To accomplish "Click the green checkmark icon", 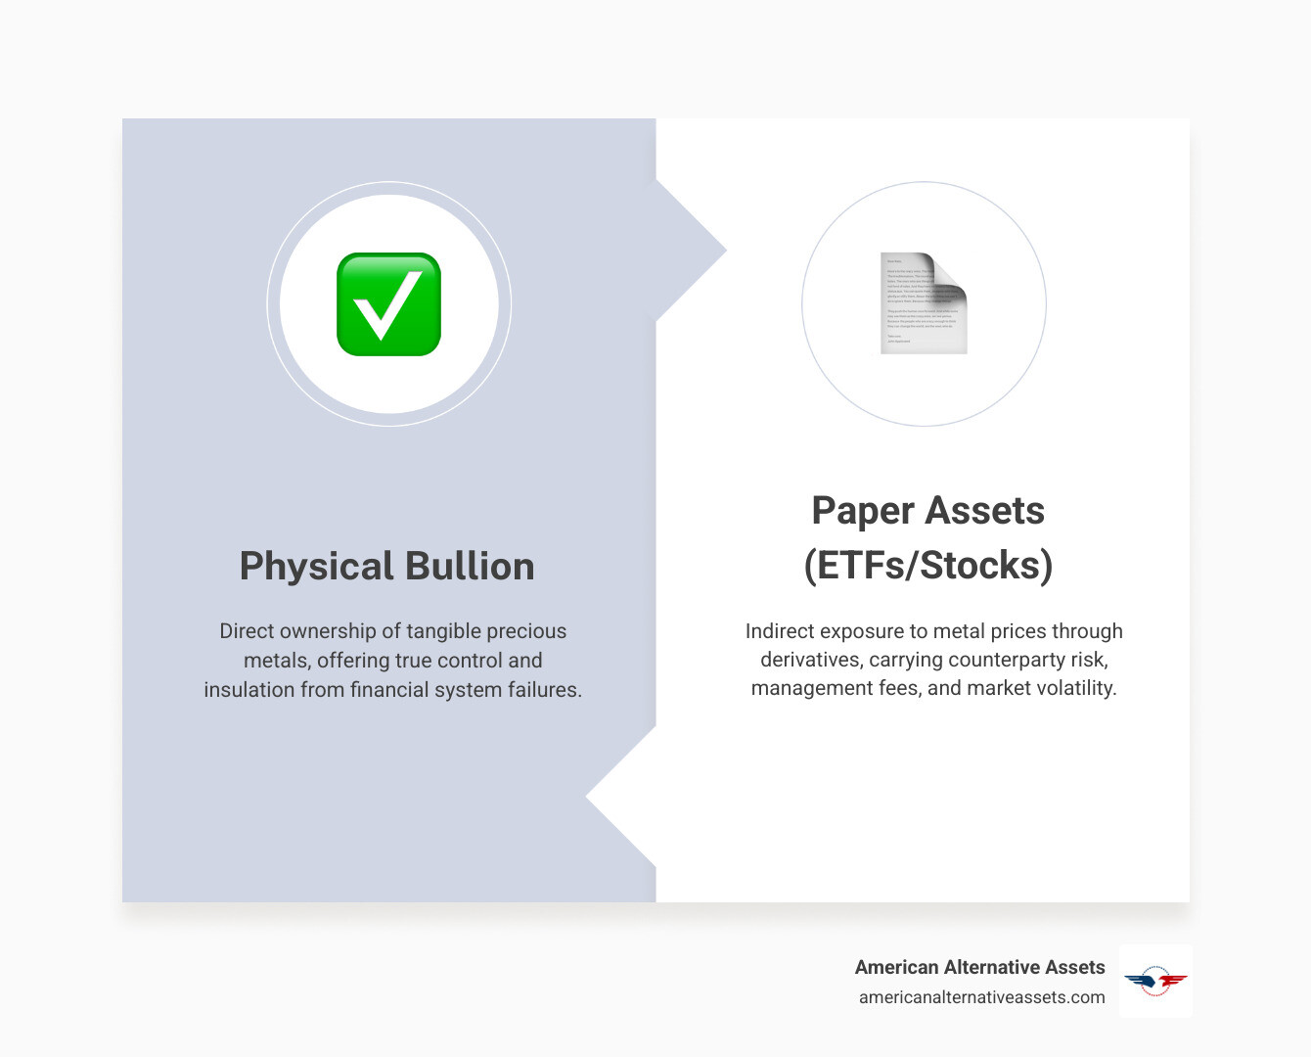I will pyautogui.click(x=388, y=304).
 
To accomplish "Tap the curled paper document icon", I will pyautogui.click(x=924, y=303).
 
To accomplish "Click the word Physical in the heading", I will pyautogui.click(x=316, y=567).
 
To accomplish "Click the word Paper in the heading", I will pyautogui.click(x=862, y=511).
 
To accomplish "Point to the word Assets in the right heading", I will pyautogui.click(x=985, y=511).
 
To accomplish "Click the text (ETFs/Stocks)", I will pyautogui.click(x=927, y=566).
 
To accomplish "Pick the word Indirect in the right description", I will pyautogui.click(x=780, y=631).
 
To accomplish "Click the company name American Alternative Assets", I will pyautogui.click(x=979, y=967).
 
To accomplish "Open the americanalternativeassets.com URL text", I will pyautogui.click(x=981, y=997).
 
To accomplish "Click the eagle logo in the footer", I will pyautogui.click(x=1155, y=981).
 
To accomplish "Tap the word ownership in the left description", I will pyautogui.click(x=327, y=631).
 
